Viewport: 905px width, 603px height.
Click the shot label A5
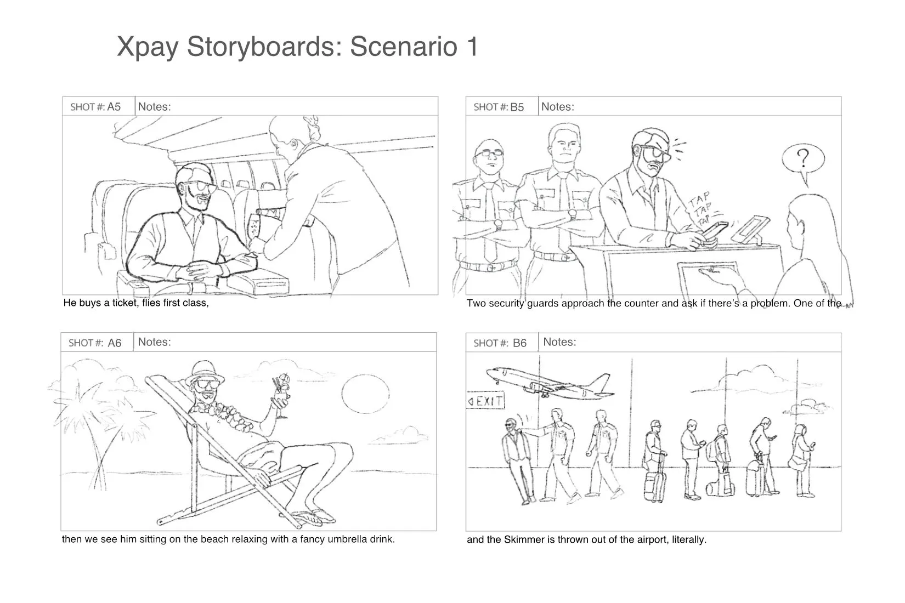pyautogui.click(x=114, y=106)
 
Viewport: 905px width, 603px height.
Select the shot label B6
pyautogui.click(x=519, y=343)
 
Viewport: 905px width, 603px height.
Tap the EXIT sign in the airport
pyautogui.click(x=486, y=401)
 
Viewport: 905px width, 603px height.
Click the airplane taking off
pyautogui.click(x=548, y=382)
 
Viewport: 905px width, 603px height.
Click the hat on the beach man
pyautogui.click(x=206, y=370)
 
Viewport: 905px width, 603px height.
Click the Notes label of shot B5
pyautogui.click(x=557, y=107)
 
